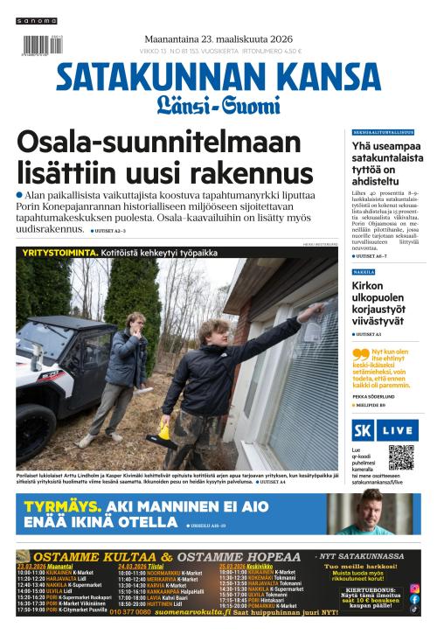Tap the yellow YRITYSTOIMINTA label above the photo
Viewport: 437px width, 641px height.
tap(52, 251)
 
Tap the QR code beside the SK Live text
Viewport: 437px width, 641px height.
tap(401, 457)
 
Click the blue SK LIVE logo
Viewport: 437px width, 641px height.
tap(384, 430)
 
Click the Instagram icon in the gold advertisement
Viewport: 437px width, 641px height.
tap(414, 588)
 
